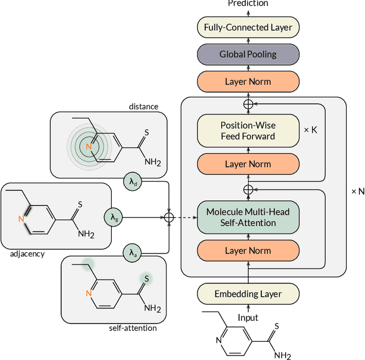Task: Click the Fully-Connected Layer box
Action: pos(248,27)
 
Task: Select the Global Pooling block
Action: pos(248,54)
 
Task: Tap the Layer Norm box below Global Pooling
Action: pos(248,81)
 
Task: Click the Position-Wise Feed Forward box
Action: pos(248,131)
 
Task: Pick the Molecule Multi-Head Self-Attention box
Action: pos(248,217)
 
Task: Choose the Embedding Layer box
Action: pos(248,294)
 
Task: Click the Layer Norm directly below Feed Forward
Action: pos(248,164)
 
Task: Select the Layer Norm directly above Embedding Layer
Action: pos(248,251)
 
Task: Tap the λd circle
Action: pos(131,182)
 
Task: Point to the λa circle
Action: pos(131,252)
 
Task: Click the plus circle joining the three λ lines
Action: pos(169,216)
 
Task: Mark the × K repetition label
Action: pos(311,130)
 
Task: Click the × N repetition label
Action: pos(357,191)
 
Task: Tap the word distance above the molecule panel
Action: pos(143,106)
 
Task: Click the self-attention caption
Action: pos(132,328)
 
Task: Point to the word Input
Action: pos(248,318)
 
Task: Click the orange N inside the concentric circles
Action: pos(88,147)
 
